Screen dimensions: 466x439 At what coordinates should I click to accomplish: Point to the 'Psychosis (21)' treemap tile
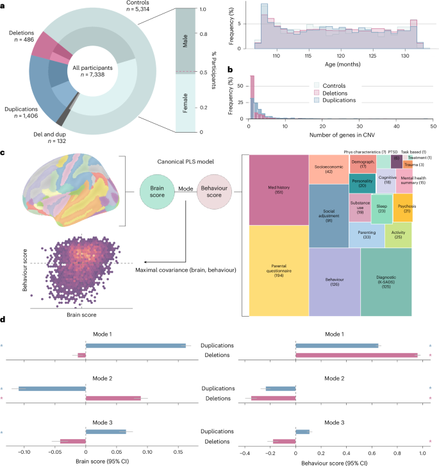tap(403, 210)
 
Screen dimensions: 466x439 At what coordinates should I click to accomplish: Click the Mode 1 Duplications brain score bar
tap(135, 345)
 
